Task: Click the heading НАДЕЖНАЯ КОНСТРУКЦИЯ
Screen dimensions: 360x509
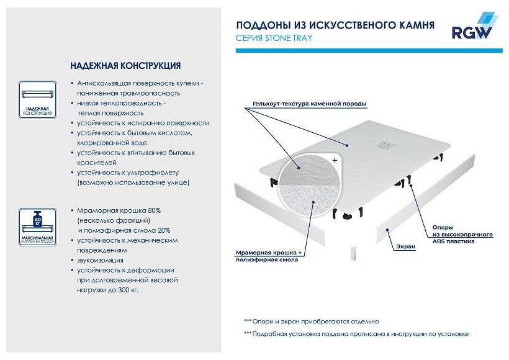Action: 125,65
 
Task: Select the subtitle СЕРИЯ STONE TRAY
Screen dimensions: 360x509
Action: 274,38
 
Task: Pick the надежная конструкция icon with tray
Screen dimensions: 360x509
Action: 37,99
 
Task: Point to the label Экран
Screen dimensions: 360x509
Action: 406,246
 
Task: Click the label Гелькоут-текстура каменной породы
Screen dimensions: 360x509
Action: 309,103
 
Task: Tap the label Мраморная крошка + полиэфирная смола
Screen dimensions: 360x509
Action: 268,256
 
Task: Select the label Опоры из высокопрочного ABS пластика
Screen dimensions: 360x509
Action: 462,235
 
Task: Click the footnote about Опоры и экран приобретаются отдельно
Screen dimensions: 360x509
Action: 311,322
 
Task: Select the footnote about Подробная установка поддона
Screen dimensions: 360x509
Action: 356,334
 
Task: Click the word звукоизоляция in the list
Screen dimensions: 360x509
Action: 101,260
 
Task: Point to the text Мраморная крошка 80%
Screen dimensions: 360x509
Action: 120,210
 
